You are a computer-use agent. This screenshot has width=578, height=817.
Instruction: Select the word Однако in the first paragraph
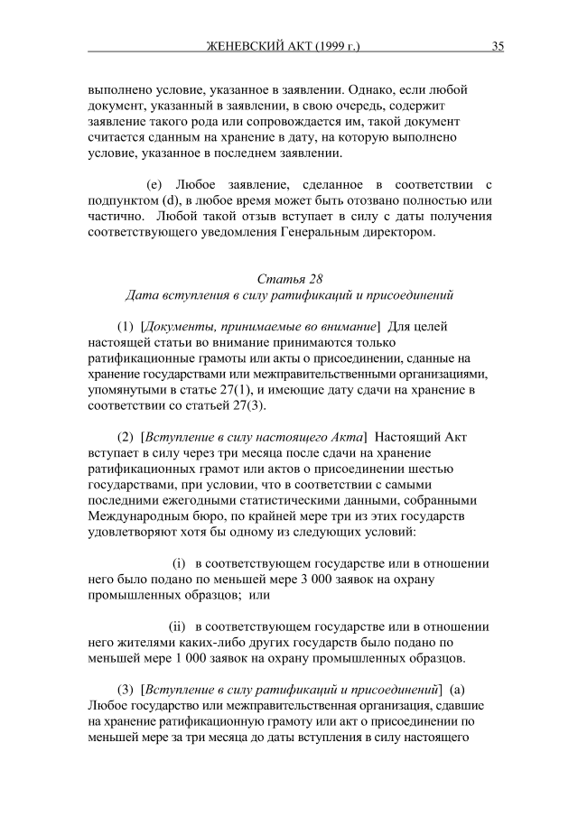pos(377,90)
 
